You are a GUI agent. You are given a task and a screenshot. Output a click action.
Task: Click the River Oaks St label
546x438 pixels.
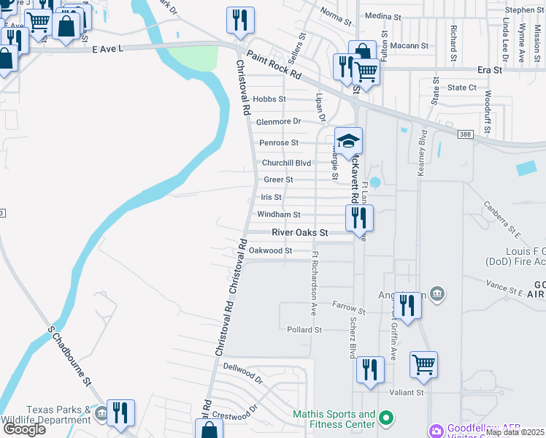point(301,232)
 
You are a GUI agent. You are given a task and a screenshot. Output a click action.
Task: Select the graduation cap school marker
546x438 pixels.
point(348,140)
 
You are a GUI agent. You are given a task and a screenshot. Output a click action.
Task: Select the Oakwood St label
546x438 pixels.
point(270,250)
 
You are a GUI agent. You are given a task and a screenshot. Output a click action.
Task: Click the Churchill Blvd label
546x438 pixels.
point(287,163)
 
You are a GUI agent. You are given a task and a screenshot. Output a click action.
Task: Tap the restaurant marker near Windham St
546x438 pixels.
point(358,217)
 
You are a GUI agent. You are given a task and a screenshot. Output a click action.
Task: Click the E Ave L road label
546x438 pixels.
point(109,48)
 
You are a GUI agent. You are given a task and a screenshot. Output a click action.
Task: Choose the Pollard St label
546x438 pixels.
point(304,330)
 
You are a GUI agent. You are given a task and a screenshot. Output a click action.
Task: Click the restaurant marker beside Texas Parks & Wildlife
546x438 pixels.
point(119,412)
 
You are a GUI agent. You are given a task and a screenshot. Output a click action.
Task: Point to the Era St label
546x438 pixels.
point(490,70)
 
